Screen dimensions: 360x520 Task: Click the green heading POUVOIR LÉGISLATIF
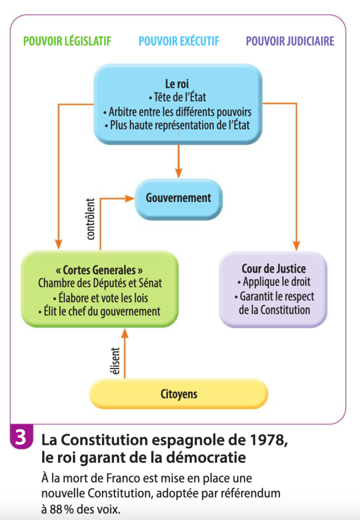[x=68, y=41]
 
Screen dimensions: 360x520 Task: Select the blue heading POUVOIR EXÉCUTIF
[x=179, y=41]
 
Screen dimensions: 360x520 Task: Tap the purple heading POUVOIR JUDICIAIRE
[x=290, y=41]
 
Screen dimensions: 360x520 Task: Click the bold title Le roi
[x=177, y=84]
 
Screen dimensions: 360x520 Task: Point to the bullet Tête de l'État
[x=177, y=97]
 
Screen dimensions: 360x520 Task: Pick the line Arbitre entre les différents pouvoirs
[x=177, y=112]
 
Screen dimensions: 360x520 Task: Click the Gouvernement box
[x=179, y=199]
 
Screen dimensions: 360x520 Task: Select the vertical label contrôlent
[x=90, y=219]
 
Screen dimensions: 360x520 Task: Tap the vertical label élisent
[x=115, y=361]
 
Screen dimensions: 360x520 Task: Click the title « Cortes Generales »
[x=100, y=270]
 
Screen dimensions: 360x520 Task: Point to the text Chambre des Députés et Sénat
[x=100, y=283]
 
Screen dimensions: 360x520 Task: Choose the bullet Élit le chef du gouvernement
[x=100, y=311]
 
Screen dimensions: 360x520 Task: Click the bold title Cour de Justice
[x=274, y=268]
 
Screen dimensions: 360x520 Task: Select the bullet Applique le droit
[x=274, y=282]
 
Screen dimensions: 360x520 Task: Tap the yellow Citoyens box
[x=179, y=394]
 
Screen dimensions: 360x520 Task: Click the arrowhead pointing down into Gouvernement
[x=179, y=173]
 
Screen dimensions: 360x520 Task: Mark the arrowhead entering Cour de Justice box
[x=297, y=246]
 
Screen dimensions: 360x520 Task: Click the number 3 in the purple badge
[x=20, y=437]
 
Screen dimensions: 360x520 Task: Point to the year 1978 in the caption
[x=269, y=440]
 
